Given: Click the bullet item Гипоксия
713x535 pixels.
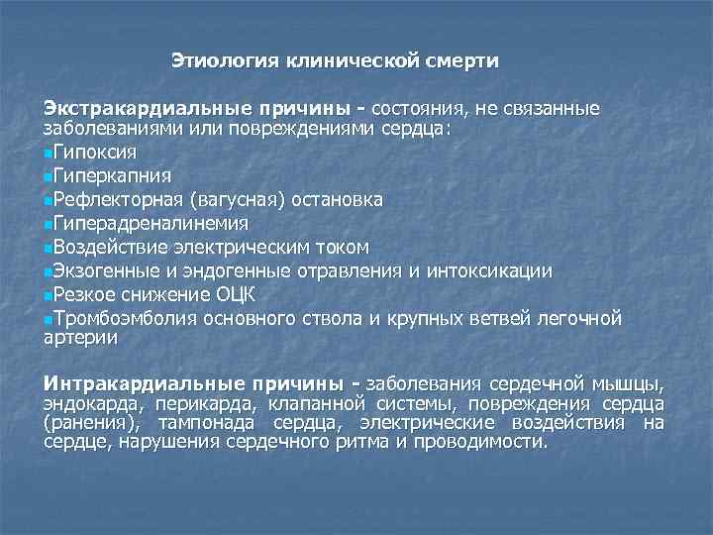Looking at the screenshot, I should pos(95,154).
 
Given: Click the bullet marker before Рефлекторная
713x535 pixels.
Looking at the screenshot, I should pos(49,201).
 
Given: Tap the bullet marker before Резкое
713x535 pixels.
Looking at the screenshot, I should pos(49,295).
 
